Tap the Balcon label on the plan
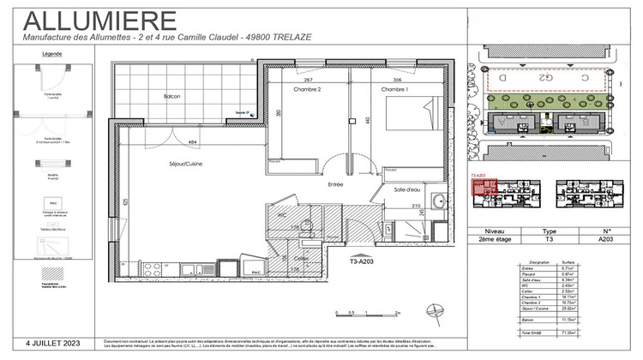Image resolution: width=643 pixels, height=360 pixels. [172, 97]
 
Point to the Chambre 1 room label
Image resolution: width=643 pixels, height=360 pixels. [394, 90]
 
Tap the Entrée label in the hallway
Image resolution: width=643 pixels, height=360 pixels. [334, 184]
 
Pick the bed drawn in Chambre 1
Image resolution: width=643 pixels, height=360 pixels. [412, 120]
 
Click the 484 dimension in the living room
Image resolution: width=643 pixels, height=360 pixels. [193, 142]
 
